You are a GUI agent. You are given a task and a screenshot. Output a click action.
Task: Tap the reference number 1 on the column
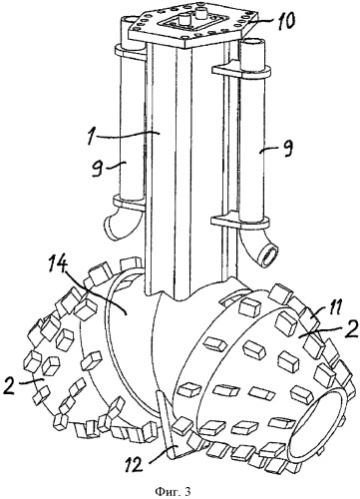tap(89, 137)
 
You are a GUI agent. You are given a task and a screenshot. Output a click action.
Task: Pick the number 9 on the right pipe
tap(288, 148)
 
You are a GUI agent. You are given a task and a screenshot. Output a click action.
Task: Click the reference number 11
tap(332, 308)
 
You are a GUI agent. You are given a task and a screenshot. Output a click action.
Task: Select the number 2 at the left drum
tap(11, 387)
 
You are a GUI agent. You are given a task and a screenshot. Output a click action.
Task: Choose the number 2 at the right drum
tap(352, 329)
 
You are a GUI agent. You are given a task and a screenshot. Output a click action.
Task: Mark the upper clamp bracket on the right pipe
tap(240, 69)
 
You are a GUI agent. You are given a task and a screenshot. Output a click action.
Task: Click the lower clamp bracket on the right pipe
tap(240, 220)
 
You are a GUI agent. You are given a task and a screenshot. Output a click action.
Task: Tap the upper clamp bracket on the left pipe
tap(131, 51)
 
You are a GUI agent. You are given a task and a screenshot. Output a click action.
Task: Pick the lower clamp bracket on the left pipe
tap(130, 203)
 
